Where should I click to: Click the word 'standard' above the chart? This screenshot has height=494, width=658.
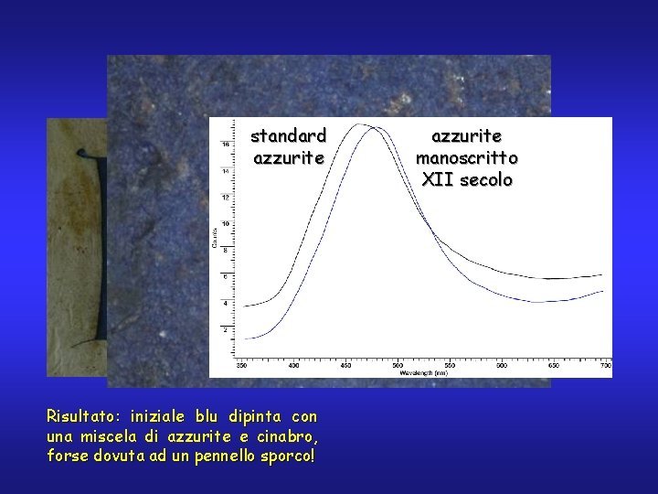288,136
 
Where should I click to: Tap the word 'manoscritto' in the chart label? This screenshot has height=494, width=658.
467,158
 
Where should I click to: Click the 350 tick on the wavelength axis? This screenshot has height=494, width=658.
242,365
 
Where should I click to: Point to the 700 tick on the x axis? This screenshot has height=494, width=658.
605,365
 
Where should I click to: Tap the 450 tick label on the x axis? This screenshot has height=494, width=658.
345,365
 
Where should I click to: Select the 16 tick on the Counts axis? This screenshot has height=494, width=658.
226,145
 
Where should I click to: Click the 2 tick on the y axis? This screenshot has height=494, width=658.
227,328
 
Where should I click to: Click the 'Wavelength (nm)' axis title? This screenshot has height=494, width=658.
423,372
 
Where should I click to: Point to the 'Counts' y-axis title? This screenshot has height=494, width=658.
215,236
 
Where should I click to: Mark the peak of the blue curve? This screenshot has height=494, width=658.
374,129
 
